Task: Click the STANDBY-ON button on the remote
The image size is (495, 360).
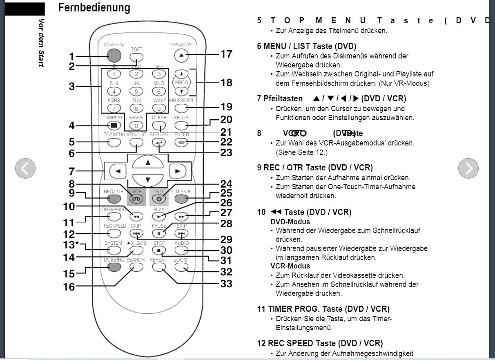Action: point(115,56)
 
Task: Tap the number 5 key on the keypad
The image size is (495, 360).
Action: point(136,92)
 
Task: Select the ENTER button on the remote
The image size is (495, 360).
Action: point(182,142)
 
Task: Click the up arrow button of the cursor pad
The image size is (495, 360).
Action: point(148,163)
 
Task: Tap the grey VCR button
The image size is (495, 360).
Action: point(136,199)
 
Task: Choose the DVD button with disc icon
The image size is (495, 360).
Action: point(159,199)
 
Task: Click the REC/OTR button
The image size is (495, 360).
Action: point(115,199)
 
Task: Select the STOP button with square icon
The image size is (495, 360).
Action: point(159,250)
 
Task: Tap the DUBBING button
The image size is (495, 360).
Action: point(115,267)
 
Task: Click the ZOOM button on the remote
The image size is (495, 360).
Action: point(181,267)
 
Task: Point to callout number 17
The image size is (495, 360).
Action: point(226,54)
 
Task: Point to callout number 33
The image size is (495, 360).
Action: point(226,283)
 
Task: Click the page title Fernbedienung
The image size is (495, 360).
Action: point(94,7)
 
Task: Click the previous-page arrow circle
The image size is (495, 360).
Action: point(25,168)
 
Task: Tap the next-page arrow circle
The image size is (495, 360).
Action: point(468,168)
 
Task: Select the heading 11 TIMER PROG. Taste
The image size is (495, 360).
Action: point(323,309)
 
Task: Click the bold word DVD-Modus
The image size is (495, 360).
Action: point(290,222)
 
